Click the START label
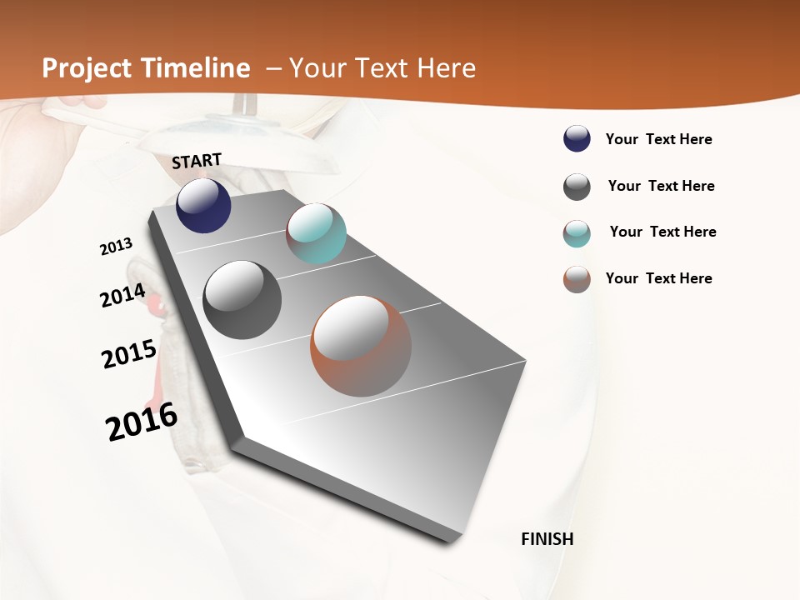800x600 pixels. (x=197, y=161)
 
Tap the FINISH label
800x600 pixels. (x=547, y=539)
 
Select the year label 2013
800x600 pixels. (x=117, y=246)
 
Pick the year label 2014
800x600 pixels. (x=123, y=295)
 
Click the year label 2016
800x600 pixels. (x=142, y=421)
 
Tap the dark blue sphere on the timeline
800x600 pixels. (x=203, y=205)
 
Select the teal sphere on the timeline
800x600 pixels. (x=316, y=233)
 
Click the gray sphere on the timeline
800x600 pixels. (x=242, y=300)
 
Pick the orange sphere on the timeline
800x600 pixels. (x=361, y=346)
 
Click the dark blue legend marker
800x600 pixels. (x=577, y=139)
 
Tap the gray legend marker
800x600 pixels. (x=577, y=187)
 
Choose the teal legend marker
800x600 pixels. (x=577, y=233)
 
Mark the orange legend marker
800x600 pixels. (x=577, y=279)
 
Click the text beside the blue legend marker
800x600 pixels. (x=659, y=139)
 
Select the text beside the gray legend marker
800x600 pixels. (x=662, y=186)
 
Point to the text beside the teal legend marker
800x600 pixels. (x=663, y=232)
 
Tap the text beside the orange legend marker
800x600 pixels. (x=659, y=278)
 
